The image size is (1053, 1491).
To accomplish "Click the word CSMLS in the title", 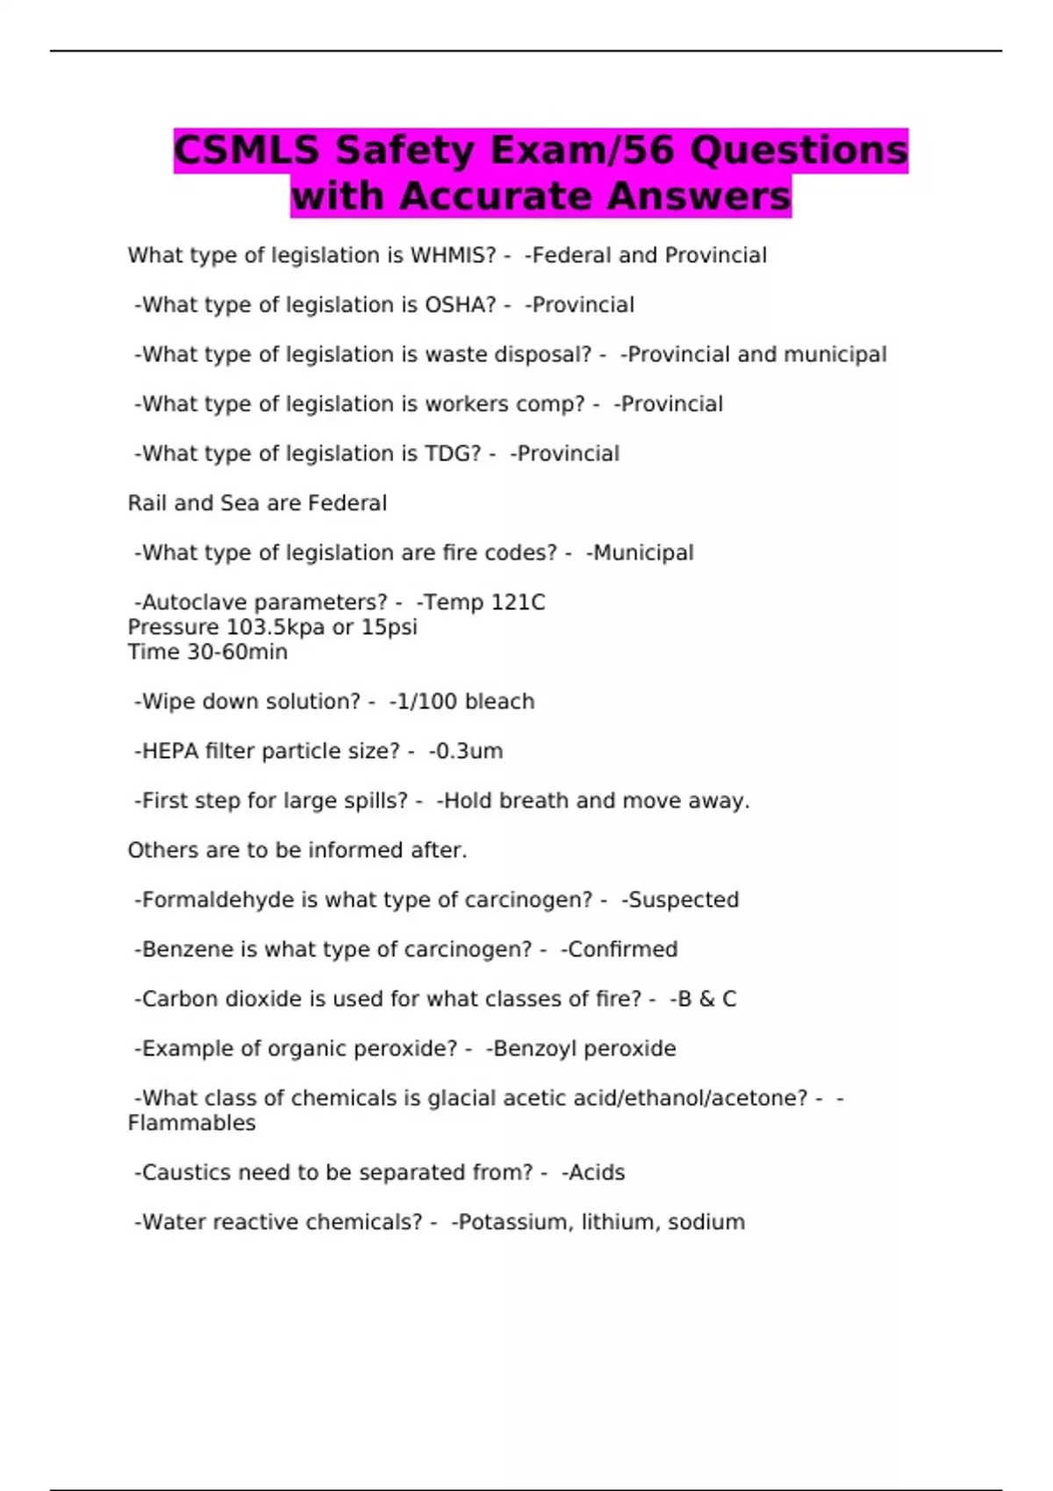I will [x=247, y=150].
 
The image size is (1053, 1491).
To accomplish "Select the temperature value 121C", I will [x=518, y=603].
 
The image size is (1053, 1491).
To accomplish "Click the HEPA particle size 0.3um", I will [x=469, y=752].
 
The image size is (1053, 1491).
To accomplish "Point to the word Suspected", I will [x=684, y=900].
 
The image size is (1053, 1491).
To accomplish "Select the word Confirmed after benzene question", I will [x=623, y=949].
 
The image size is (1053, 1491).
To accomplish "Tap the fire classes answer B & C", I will [x=706, y=999].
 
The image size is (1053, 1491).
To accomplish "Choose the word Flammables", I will [x=191, y=1124].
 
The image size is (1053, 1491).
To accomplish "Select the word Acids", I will [x=597, y=1173].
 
